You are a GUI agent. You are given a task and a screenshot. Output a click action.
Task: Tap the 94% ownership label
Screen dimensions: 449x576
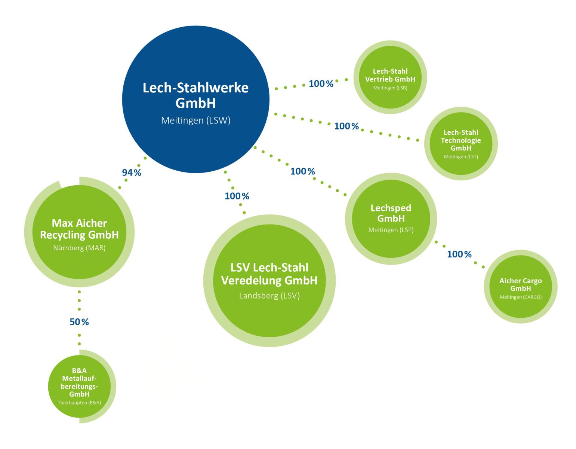point(132,172)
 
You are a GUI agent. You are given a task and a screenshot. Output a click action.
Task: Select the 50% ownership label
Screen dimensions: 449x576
point(79,322)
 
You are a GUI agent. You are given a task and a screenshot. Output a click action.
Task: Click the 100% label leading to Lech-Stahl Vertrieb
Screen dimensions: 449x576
point(321,84)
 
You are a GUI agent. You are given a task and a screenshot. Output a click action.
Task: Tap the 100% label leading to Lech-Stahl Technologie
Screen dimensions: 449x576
point(346,126)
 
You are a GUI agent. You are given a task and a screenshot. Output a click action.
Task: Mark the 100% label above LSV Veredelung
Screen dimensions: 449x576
point(237,196)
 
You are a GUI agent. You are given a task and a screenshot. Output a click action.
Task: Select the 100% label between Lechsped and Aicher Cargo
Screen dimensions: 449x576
point(459,254)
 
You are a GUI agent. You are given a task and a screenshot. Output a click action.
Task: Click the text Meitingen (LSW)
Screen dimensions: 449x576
point(195,121)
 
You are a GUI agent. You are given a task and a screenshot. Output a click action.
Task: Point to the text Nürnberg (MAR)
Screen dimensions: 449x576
point(78,248)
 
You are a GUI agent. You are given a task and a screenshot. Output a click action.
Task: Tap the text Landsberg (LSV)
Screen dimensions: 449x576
point(269,296)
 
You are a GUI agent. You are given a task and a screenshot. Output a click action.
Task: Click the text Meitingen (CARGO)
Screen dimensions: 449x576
point(520,297)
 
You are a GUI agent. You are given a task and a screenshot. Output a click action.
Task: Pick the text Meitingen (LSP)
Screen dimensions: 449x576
point(391,230)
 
